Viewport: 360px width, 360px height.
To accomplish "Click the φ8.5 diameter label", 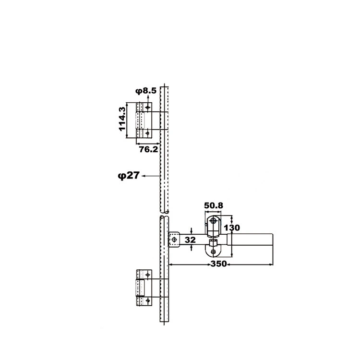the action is pos(146,91).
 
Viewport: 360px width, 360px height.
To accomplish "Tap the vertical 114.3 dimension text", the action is pos(122,119).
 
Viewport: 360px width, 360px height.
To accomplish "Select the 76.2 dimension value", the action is pos(148,149).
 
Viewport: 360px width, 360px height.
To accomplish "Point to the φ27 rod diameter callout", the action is pos(129,176).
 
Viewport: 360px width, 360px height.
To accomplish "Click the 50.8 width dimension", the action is pos(214,205).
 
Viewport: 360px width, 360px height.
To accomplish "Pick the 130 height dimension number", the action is pos(232,228).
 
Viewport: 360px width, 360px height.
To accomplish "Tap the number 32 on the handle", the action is pos(190,240).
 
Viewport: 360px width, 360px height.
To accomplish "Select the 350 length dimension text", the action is pos(219,264).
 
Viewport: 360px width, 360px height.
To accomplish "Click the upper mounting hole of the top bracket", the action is pos(147,107).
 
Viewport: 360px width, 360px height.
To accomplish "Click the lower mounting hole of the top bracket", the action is pos(147,133).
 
